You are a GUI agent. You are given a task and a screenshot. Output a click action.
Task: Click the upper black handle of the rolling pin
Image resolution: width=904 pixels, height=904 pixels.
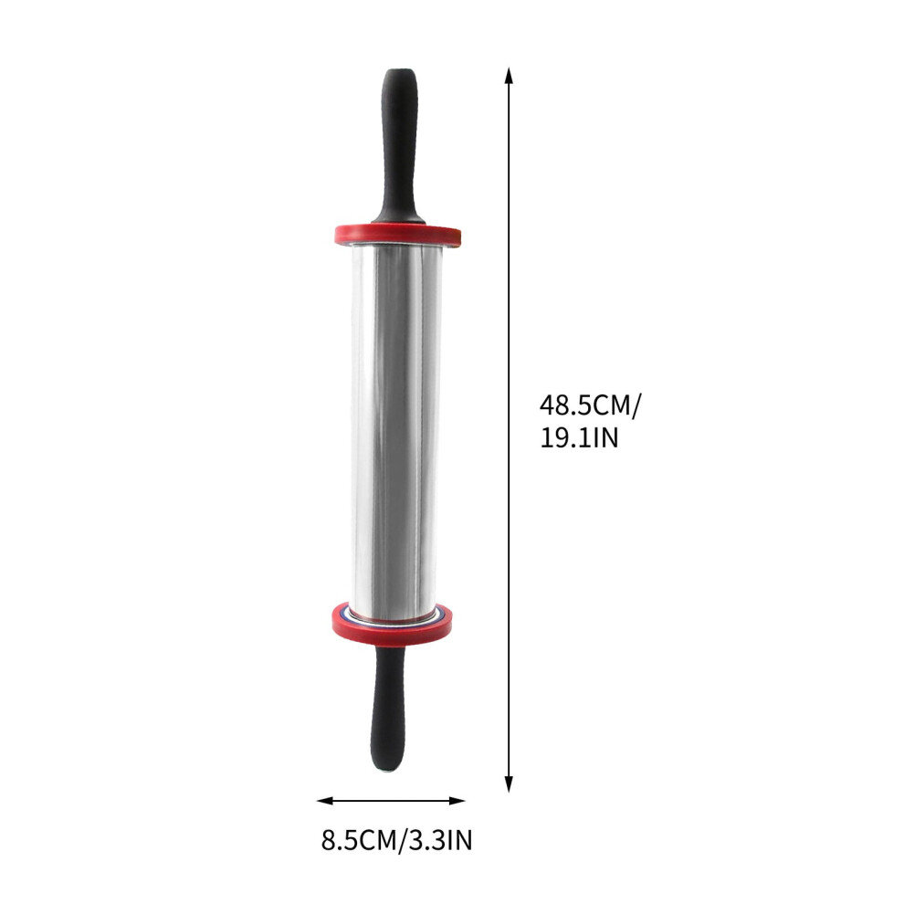tap(398, 147)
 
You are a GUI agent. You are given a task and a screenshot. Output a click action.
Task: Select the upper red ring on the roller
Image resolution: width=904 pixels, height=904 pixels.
tap(398, 234)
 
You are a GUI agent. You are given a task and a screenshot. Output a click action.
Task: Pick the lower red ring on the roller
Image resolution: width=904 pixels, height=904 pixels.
tap(392, 623)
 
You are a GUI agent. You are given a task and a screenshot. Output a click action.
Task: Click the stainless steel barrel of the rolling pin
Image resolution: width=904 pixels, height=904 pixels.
tap(395, 426)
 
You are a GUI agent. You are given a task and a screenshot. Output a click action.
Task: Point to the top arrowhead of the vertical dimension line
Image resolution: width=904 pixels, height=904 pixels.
tap(509, 76)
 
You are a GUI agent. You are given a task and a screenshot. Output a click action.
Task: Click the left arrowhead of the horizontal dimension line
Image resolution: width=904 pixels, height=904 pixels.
tap(325, 800)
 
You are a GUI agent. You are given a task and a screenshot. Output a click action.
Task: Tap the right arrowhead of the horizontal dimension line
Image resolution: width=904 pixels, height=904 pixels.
tap(457, 800)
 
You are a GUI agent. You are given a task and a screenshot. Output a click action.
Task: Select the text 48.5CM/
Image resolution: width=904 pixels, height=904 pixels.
tap(590, 405)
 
